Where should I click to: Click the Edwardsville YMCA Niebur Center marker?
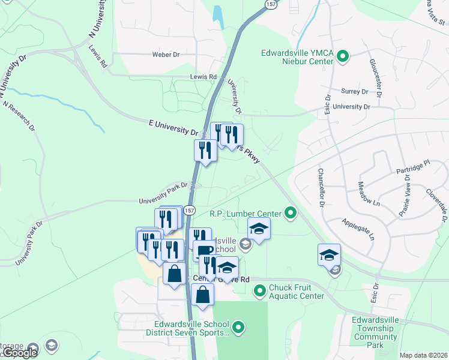(343, 58)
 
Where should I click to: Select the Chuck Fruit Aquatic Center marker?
(260, 292)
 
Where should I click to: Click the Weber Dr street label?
(166, 55)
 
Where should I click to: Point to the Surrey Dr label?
(354, 92)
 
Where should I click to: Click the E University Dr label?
(173, 127)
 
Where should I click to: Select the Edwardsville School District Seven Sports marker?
(239, 328)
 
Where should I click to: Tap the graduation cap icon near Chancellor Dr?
(329, 254)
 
